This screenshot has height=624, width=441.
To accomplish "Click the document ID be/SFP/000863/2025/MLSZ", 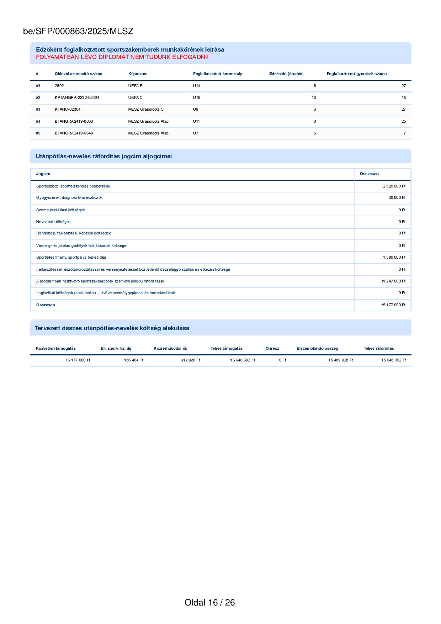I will click(x=78, y=31).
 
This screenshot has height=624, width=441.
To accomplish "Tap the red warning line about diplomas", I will click(x=122, y=57).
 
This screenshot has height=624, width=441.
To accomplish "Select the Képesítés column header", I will click(x=138, y=74).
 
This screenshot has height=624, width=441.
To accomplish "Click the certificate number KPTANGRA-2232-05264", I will click(x=77, y=97).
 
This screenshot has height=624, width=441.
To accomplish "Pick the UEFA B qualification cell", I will click(x=135, y=86).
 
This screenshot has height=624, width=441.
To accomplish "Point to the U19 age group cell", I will click(x=196, y=97).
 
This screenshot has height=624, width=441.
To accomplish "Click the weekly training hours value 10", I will click(x=313, y=97).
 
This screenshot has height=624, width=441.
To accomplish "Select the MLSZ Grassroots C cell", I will click(x=146, y=109).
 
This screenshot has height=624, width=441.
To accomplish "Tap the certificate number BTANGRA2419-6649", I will click(x=74, y=133).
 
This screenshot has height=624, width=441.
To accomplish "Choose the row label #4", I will click(x=38, y=121).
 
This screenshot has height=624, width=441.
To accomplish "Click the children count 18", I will click(x=403, y=97).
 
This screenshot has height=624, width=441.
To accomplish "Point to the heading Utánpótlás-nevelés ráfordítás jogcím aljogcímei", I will click(x=103, y=156).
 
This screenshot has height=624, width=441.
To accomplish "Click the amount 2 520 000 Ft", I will click(x=394, y=186).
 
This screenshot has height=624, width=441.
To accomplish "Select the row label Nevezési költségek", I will click(x=53, y=222).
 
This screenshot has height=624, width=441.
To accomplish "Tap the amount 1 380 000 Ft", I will click(x=394, y=257).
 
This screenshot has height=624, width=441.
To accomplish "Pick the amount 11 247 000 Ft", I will click(x=393, y=281).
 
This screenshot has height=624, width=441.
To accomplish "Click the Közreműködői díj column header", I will click(x=170, y=348).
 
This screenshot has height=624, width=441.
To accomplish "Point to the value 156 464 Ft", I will click(x=133, y=360).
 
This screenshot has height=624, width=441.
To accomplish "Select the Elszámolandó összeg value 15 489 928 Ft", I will click(x=340, y=360).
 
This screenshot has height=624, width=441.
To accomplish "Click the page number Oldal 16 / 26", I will click(x=209, y=602).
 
